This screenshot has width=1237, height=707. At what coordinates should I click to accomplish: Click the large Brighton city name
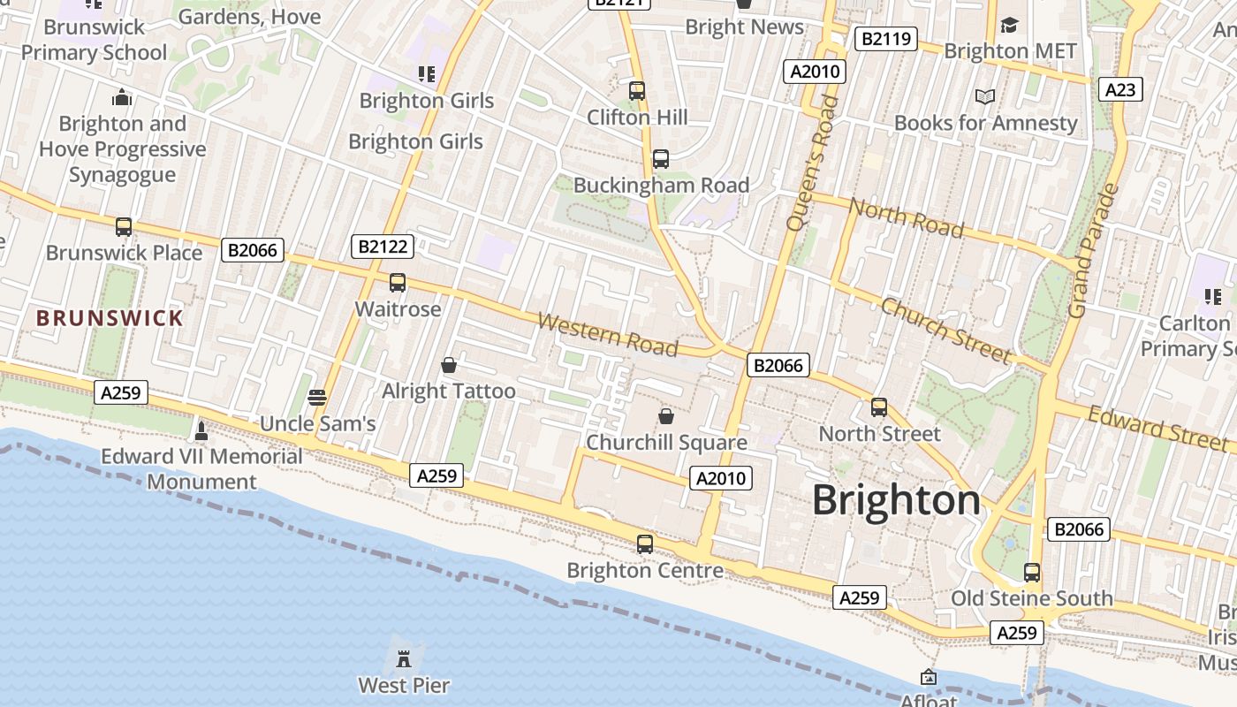(x=896, y=500)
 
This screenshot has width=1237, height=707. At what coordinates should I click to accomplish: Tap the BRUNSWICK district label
(x=110, y=318)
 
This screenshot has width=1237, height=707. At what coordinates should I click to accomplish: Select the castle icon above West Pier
(x=404, y=658)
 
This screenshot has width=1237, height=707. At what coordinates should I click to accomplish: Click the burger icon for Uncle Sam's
(x=317, y=397)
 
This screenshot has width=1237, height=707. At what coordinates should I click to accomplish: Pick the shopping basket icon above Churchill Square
(x=666, y=415)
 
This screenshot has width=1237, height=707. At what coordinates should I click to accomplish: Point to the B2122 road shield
(x=382, y=247)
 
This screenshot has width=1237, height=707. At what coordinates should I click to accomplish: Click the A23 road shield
(x=1120, y=89)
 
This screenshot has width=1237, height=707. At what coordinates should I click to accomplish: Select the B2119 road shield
(x=886, y=39)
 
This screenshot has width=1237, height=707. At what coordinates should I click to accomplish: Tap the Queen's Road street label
(x=811, y=163)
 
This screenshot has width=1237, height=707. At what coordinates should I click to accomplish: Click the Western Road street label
(x=608, y=333)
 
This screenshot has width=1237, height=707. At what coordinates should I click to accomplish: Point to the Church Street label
(x=946, y=331)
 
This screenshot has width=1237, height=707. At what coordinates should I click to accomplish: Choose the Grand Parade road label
(x=1094, y=250)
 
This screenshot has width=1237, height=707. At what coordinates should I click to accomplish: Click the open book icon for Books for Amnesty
(x=985, y=96)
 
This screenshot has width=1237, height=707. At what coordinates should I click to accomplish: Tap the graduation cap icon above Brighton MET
(x=1009, y=25)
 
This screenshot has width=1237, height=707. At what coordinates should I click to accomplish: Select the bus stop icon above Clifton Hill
(x=637, y=90)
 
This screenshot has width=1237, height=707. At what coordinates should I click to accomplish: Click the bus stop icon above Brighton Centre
(x=645, y=544)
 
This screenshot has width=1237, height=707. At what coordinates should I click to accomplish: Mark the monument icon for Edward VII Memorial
(x=201, y=430)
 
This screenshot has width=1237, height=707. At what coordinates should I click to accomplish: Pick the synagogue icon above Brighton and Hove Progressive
(x=122, y=97)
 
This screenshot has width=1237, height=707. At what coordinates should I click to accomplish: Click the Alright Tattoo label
(x=449, y=391)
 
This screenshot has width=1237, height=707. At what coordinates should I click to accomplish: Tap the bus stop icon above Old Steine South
(x=1032, y=573)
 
